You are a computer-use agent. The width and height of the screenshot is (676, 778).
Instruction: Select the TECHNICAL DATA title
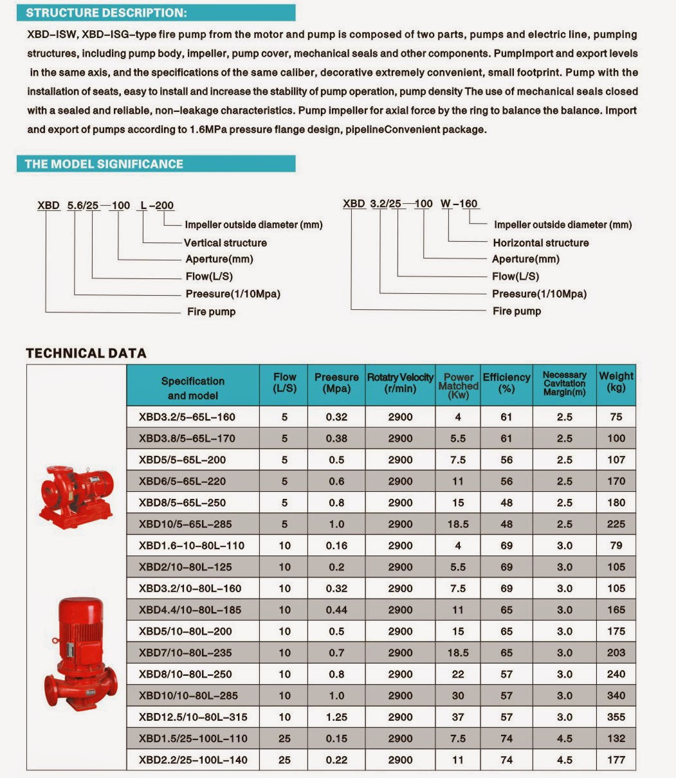click(86, 353)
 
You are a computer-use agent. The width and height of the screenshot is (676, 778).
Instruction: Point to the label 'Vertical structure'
click(225, 242)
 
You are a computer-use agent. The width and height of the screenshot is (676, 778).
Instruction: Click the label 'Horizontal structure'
click(540, 242)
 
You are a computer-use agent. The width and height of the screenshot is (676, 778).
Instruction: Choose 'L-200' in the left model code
click(156, 206)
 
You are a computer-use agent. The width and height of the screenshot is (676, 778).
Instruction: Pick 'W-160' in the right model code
click(459, 204)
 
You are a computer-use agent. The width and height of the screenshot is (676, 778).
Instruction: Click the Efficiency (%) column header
click(506, 383)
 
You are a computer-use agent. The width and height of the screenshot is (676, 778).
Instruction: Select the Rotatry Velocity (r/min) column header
click(400, 383)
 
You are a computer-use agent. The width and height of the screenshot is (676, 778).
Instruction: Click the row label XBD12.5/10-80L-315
click(193, 717)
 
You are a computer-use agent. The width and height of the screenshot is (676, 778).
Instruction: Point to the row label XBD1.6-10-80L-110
click(191, 545)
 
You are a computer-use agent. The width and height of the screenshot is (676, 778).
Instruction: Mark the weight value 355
click(616, 717)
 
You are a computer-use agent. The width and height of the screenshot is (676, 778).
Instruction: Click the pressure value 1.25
click(336, 717)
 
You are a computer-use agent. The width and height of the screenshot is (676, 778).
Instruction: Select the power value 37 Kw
click(458, 717)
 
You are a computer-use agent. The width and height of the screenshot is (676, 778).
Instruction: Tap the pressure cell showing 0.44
click(336, 610)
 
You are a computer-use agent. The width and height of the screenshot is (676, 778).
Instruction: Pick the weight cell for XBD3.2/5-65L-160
click(616, 417)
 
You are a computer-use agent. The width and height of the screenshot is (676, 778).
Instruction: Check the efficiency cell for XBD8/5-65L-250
click(506, 503)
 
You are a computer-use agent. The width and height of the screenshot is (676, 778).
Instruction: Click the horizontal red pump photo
click(76, 493)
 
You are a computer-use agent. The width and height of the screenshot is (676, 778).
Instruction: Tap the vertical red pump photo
click(80, 653)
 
